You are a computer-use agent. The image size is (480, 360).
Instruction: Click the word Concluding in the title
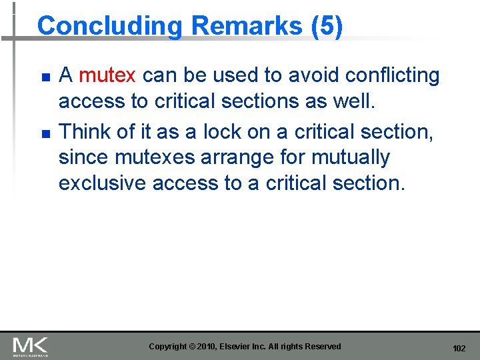(109, 27)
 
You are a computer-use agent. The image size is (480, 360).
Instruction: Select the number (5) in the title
(326, 26)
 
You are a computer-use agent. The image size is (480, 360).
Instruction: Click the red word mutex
(107, 75)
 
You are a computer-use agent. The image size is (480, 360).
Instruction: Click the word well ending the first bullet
(359, 101)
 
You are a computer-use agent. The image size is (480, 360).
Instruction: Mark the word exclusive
(103, 183)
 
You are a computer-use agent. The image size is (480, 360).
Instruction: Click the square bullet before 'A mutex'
(45, 77)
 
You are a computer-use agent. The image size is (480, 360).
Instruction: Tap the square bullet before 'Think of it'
(45, 133)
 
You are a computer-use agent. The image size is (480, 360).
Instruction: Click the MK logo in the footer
(31, 346)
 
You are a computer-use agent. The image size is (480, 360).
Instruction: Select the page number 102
(459, 348)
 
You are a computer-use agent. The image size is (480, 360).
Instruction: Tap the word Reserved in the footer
(321, 347)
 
